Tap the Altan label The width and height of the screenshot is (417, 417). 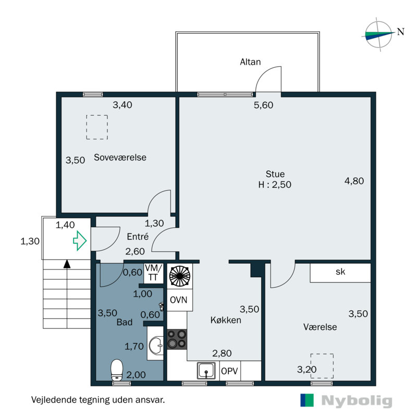point(250,62)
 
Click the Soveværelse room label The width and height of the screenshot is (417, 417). point(120,157)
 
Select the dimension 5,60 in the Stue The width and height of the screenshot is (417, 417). point(264,105)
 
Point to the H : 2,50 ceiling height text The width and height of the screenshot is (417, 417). point(275,184)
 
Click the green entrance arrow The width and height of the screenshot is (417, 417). point(79,241)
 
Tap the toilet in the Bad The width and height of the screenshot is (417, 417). point(117,370)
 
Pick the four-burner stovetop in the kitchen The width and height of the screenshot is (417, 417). point(177,339)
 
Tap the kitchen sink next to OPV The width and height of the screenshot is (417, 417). point(207,371)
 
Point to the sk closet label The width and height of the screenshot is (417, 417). point(340,272)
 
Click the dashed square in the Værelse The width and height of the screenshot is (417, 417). point(322,365)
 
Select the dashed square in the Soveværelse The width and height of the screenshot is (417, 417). point(96,127)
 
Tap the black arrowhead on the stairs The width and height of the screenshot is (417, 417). point(67,264)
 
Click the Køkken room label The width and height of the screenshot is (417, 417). point(226,320)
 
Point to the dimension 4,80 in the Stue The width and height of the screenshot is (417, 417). point(354,181)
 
